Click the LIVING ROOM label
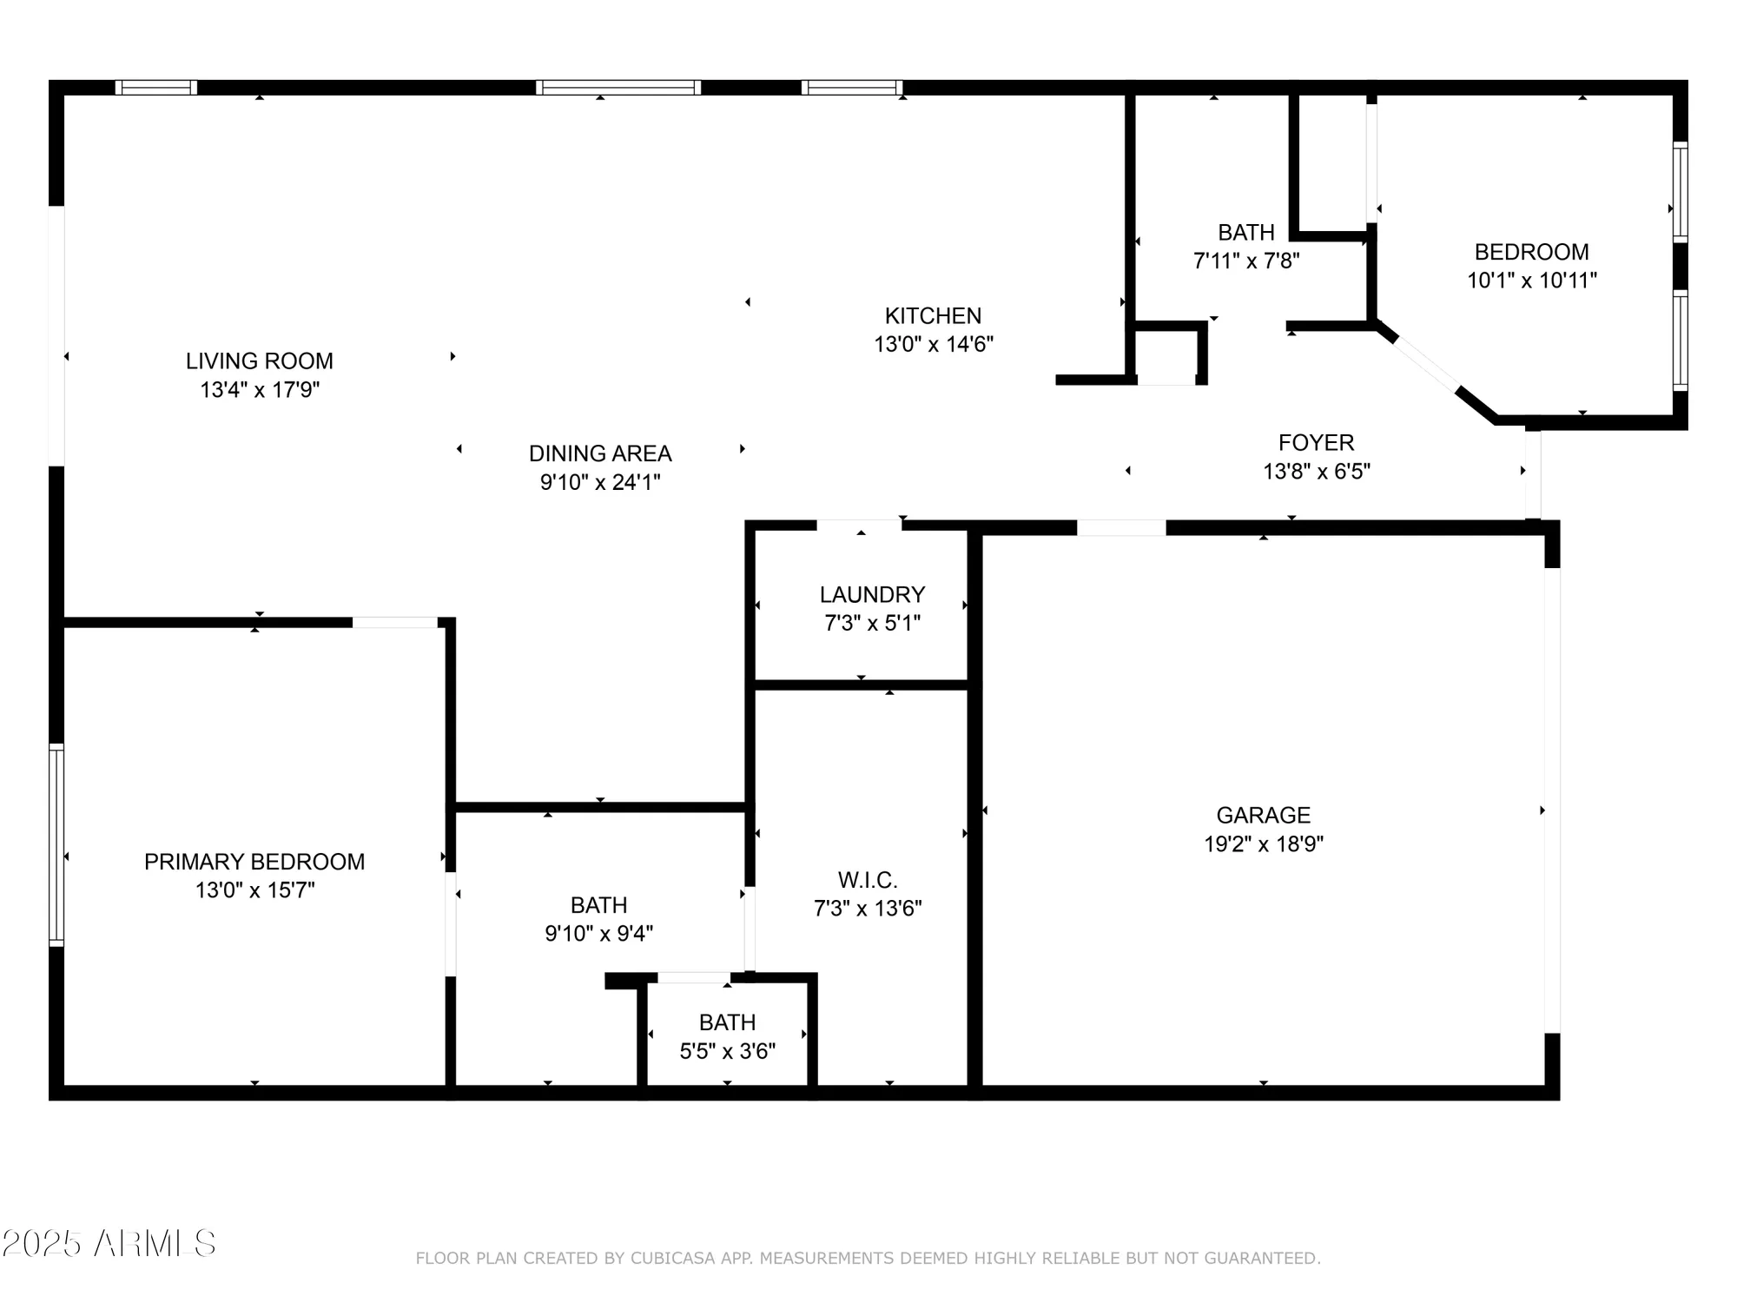point(259,360)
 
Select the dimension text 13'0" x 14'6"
point(933,344)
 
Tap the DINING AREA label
point(600,453)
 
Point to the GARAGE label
point(1263,815)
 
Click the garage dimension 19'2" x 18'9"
point(1263,843)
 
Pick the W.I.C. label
point(867,880)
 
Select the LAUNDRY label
point(872,594)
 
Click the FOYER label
point(1316,442)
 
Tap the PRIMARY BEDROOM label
point(254,862)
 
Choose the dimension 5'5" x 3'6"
point(727,1051)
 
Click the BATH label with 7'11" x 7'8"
point(1245,232)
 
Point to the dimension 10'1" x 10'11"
point(1531,281)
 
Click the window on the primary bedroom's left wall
point(56,844)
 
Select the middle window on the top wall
point(618,87)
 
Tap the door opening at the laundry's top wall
point(858,525)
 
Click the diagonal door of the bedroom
point(1424,365)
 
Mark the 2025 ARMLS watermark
point(108,1244)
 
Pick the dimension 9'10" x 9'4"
point(598,934)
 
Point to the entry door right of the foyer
point(1533,473)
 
